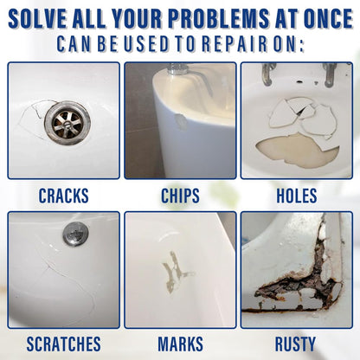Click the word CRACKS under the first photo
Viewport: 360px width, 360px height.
[x=64, y=196]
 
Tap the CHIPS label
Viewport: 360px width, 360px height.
[x=180, y=196]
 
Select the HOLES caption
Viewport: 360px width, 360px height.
[x=297, y=196]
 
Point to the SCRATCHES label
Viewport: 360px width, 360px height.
[x=64, y=344]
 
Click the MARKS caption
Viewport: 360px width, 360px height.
[x=180, y=344]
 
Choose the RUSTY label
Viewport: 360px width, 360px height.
[x=295, y=344]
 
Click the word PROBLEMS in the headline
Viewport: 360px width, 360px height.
[x=219, y=19]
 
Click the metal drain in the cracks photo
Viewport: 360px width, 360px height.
[x=67, y=123]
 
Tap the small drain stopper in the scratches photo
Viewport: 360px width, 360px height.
[x=75, y=234]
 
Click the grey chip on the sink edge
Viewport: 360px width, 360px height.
[x=182, y=121]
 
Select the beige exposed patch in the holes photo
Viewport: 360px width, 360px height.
[x=297, y=150]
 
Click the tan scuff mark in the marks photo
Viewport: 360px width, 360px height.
[x=176, y=271]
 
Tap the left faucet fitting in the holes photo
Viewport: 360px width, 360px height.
[x=267, y=74]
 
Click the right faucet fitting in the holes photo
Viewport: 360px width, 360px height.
[x=330, y=75]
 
